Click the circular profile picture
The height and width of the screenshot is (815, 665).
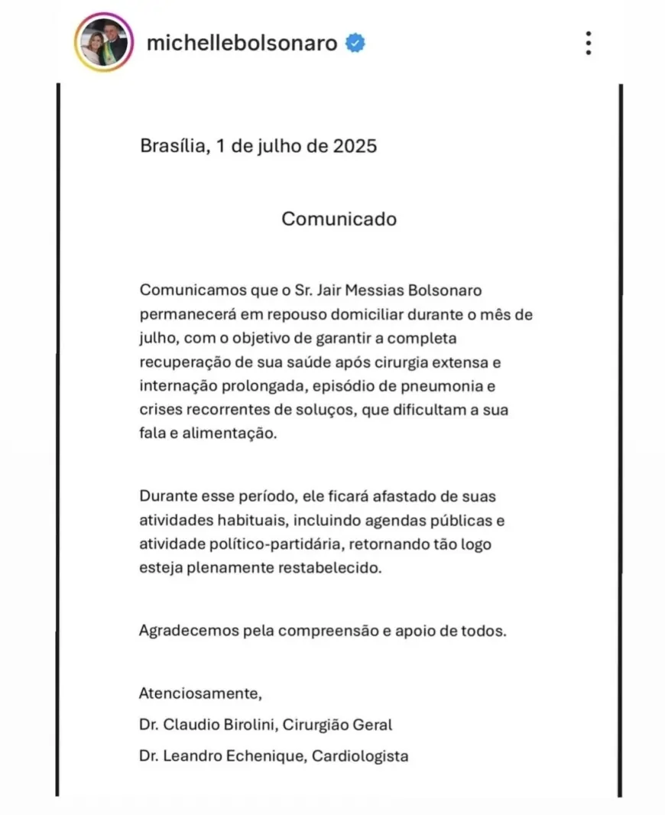[104, 43]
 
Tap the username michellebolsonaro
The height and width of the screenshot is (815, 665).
[242, 43]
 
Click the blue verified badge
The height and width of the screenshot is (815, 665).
[355, 43]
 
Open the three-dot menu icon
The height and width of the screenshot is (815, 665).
[588, 43]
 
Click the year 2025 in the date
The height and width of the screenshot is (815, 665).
[355, 145]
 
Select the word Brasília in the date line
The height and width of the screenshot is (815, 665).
[172, 145]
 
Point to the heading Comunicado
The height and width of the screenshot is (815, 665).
[339, 219]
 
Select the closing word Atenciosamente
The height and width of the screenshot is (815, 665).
[200, 694]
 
